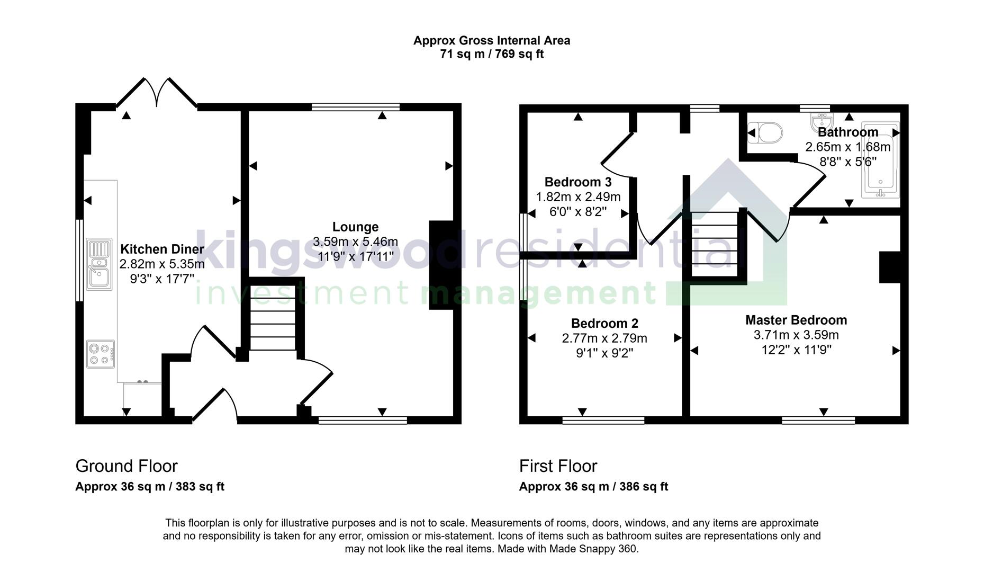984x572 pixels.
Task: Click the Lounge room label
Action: pos(355,227)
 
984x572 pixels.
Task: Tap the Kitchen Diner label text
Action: pos(162,249)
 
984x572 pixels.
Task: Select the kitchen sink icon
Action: pos(99,264)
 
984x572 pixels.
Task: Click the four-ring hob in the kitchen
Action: pos(100,354)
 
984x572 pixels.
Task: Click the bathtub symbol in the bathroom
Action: pos(880,162)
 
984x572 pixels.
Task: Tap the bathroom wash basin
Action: pos(821,122)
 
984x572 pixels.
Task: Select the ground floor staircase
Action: pos(272,323)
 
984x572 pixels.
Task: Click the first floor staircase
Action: pos(715,244)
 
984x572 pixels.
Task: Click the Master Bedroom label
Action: pos(796,320)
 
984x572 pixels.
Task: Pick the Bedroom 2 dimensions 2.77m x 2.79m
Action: pos(604,338)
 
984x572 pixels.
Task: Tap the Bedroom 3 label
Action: pos(578,182)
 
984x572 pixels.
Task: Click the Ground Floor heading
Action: pos(127,466)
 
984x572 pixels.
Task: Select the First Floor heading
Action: pos(558,466)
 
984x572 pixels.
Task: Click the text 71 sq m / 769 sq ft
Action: pos(492,54)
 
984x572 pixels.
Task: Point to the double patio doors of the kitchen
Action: pos(157,93)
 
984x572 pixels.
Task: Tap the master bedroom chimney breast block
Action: pos(890,267)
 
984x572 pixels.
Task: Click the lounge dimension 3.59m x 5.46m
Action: pos(355,242)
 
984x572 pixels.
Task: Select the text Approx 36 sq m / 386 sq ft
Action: pos(593,487)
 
